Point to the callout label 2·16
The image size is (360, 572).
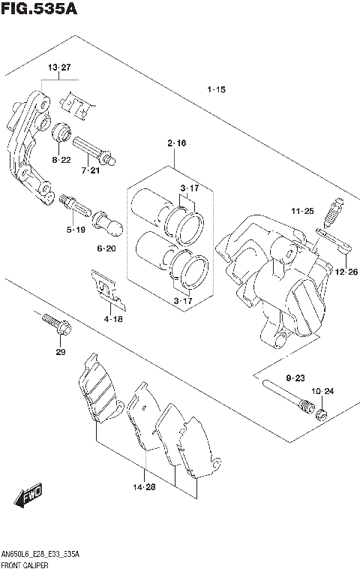176,142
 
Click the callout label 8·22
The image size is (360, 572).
61,160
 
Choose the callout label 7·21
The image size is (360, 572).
90,171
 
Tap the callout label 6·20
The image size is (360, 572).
106,248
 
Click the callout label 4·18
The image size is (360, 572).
113,319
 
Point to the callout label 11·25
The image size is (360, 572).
302,212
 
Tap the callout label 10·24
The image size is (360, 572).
322,391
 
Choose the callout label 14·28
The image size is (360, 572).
144,488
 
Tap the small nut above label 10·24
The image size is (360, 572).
320,414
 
